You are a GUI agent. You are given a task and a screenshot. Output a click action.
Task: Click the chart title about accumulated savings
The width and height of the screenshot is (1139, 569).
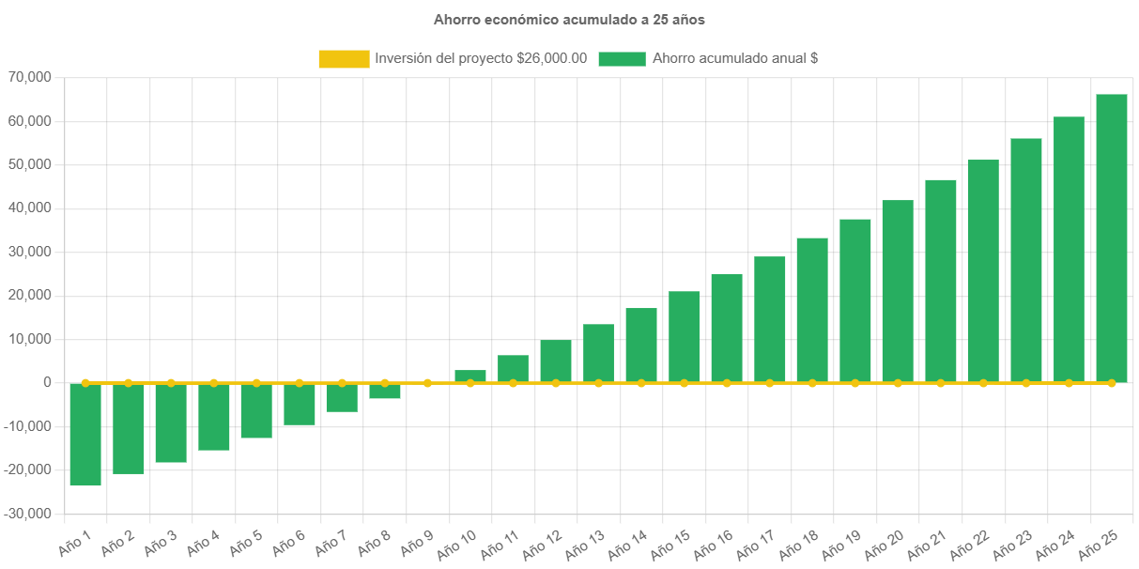[569, 19]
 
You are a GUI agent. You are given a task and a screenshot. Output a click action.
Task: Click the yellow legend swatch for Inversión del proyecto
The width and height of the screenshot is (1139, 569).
[344, 58]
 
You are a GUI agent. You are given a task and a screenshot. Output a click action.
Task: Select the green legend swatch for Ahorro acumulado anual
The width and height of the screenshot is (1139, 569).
[622, 58]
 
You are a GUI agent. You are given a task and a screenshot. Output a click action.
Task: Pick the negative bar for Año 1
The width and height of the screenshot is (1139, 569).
[85, 435]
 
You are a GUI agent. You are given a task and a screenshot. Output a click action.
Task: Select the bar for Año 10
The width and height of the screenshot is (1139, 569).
[470, 376]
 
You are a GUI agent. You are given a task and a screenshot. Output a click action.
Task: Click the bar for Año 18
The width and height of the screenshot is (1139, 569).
[812, 310]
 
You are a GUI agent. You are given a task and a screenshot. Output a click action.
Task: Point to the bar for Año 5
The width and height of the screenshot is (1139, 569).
[256, 411]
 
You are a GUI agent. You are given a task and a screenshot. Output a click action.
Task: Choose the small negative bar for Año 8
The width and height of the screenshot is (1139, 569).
[385, 392]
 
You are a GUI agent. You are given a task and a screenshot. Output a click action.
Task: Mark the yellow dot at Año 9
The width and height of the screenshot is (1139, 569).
[427, 383]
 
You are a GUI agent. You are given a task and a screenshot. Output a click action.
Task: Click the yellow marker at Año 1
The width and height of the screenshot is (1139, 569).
[85, 383]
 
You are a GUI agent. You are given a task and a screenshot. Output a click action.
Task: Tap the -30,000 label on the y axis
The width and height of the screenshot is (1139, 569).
[30, 514]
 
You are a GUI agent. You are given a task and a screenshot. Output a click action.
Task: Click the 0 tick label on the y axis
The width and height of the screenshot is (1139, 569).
[46, 383]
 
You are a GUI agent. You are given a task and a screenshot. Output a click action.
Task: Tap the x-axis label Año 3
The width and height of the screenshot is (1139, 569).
[160, 542]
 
